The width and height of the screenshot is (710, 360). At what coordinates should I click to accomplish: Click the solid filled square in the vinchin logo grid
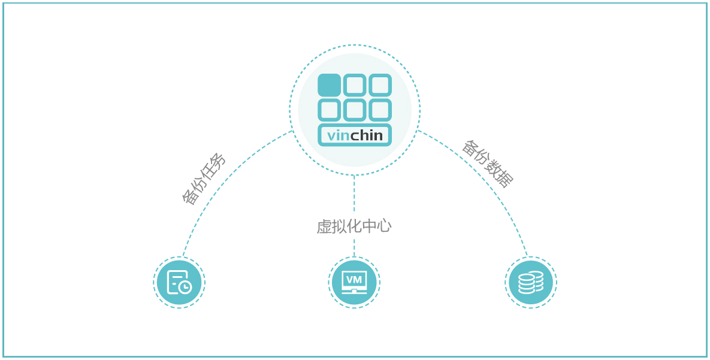[329, 85]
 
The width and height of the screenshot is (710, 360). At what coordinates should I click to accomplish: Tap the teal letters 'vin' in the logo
[338, 136]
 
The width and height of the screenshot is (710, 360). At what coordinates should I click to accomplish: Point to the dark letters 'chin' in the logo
[367, 135]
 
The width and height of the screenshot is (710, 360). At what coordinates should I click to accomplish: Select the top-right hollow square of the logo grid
[380, 85]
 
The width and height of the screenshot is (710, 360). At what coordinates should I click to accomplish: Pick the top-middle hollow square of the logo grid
[355, 85]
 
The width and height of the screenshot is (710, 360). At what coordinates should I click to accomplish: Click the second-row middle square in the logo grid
[355, 110]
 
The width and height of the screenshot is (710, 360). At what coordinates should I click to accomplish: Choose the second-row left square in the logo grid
[329, 110]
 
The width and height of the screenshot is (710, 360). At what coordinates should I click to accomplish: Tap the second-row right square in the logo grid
[380, 110]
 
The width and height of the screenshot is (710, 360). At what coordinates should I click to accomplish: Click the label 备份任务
[204, 179]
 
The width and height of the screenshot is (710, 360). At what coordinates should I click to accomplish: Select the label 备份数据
[487, 164]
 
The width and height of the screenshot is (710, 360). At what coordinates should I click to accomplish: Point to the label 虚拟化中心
[354, 226]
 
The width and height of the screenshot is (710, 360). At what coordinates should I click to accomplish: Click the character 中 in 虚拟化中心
[369, 226]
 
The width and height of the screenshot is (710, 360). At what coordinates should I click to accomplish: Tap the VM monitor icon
[354, 282]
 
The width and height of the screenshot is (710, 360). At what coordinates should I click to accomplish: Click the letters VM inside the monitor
[354, 280]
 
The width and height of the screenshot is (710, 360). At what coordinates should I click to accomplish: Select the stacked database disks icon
[531, 282]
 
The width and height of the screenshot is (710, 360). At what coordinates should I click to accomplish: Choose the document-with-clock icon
[179, 282]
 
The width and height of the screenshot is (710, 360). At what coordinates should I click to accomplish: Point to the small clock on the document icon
[186, 288]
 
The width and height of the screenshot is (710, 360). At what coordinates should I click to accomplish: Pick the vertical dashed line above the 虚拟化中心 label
[354, 195]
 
